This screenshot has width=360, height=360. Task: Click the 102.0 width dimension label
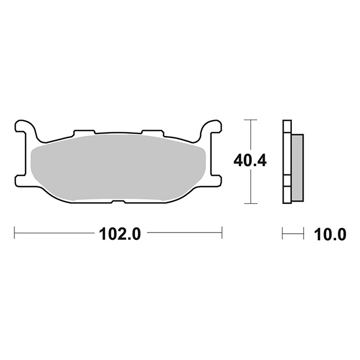click(x=120, y=234)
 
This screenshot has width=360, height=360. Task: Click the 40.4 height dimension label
click(x=250, y=161)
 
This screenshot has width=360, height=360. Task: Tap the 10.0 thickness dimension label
click(x=330, y=234)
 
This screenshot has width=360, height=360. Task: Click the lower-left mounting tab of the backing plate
click(x=20, y=181)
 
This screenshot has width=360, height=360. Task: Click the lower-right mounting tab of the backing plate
click(x=217, y=181)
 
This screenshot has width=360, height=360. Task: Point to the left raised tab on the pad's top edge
click(x=84, y=132)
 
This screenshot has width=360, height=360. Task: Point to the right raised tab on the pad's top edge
click(x=152, y=132)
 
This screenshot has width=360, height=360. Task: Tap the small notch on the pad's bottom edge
click(x=118, y=202)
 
